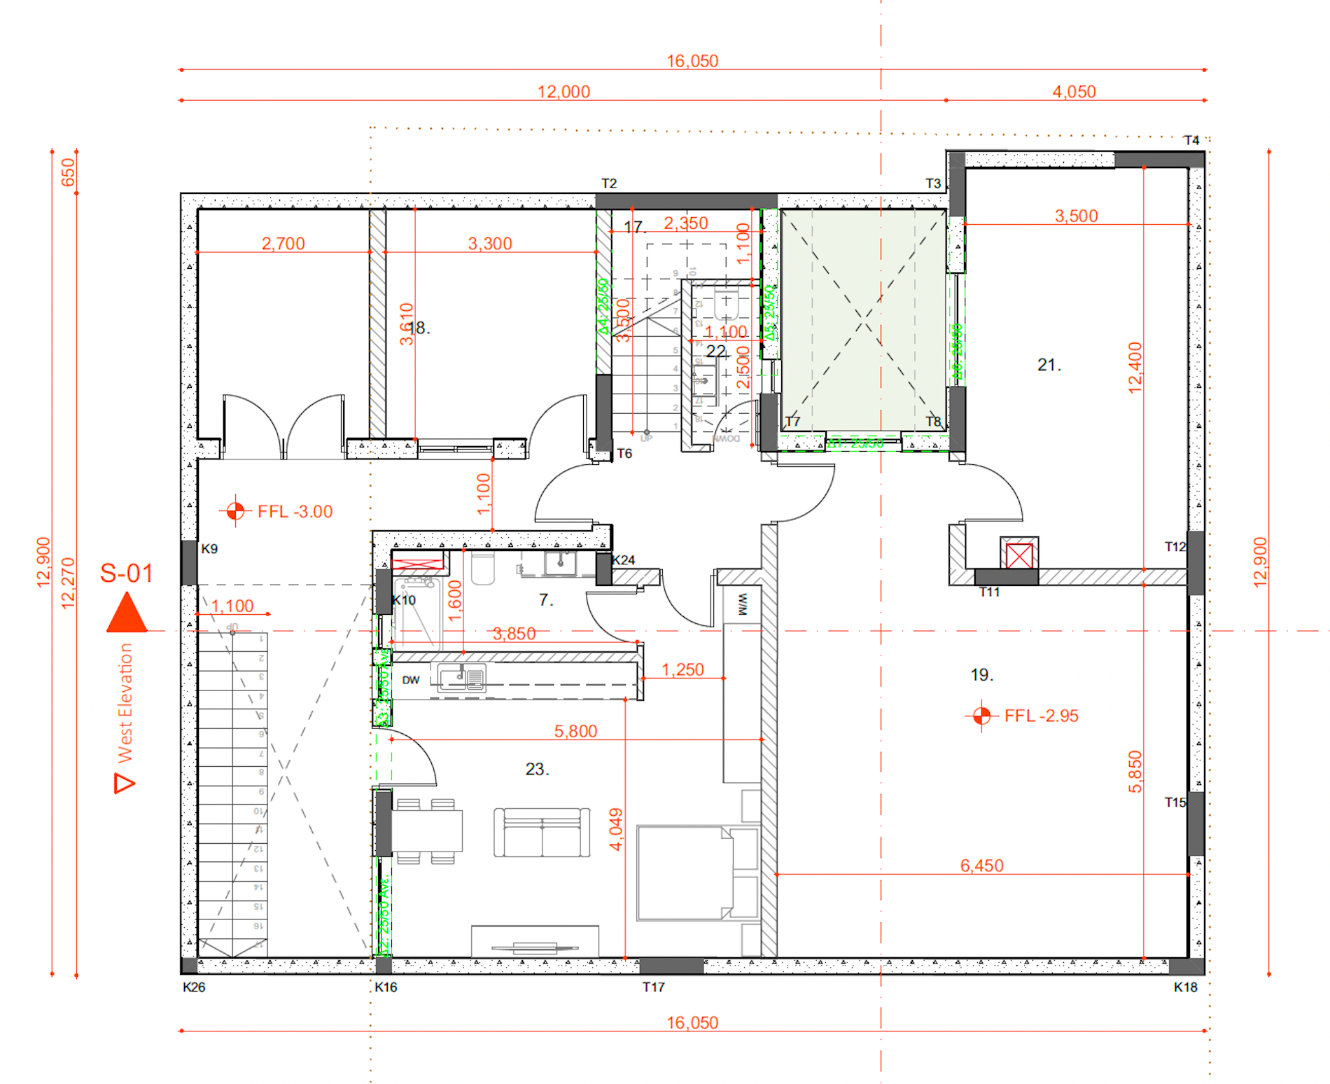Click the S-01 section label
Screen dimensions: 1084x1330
click(126, 574)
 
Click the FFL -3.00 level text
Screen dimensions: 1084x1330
click(295, 512)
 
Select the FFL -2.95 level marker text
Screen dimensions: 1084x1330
click(1041, 716)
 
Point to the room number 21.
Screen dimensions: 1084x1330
click(1049, 365)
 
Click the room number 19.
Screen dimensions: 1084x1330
click(981, 675)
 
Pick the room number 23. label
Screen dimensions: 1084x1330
click(537, 769)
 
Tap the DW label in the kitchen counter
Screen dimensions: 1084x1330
click(411, 680)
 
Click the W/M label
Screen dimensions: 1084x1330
click(743, 604)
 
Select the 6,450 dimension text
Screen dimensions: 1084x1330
click(981, 866)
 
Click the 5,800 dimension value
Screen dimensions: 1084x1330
click(575, 731)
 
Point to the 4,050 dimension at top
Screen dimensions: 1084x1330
click(1074, 92)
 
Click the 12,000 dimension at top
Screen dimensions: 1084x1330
click(563, 92)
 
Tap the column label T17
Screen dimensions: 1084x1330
click(653, 987)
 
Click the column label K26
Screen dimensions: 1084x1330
click(194, 987)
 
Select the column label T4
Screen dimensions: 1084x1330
click(1191, 140)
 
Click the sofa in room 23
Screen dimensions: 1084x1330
click(541, 833)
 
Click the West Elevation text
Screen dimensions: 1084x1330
click(125, 703)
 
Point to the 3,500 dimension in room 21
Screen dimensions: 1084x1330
click(1076, 216)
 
